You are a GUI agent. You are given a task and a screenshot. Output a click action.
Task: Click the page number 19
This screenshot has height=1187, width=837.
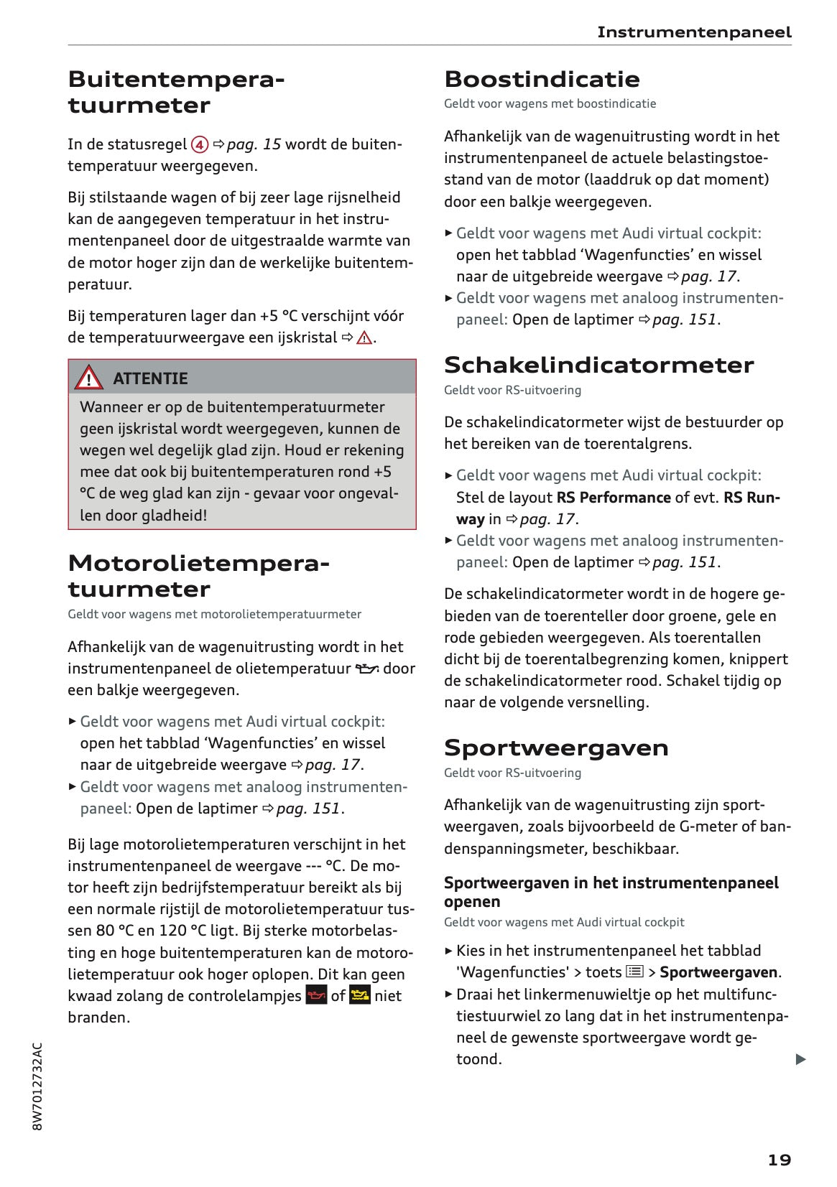pyautogui.click(x=779, y=1160)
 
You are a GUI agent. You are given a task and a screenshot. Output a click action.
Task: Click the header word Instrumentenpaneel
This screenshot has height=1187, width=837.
pyautogui.click(x=694, y=32)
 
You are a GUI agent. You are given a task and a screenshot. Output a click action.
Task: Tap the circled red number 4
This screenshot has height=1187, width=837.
pyautogui.click(x=200, y=144)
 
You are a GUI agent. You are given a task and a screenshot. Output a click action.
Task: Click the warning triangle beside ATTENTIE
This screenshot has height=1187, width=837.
pyautogui.click(x=88, y=378)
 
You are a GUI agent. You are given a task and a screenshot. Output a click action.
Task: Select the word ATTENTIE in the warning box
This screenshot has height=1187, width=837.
pyautogui.click(x=150, y=378)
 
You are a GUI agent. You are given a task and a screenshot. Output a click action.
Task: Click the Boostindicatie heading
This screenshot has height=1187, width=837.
pyautogui.click(x=542, y=79)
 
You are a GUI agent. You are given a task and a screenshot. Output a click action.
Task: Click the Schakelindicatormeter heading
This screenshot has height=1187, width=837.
pyautogui.click(x=598, y=365)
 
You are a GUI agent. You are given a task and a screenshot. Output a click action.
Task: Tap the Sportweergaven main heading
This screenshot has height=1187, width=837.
pyautogui.click(x=556, y=748)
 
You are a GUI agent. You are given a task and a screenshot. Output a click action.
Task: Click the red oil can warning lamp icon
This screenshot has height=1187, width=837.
pyautogui.click(x=316, y=995)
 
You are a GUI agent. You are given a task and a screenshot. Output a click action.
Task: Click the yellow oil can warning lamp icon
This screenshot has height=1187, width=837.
pyautogui.click(x=359, y=995)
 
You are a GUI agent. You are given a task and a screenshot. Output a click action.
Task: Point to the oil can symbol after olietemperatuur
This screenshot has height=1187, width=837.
pyautogui.click(x=366, y=669)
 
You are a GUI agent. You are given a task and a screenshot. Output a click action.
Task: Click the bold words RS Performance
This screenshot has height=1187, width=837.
pyautogui.click(x=614, y=497)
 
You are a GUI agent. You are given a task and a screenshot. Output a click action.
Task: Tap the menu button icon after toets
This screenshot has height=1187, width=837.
pyautogui.click(x=634, y=972)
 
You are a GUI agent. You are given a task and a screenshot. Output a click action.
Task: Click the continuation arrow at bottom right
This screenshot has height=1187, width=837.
pyautogui.click(x=800, y=1059)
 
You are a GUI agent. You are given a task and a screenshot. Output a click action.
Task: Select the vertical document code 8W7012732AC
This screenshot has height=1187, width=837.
pyautogui.click(x=38, y=1086)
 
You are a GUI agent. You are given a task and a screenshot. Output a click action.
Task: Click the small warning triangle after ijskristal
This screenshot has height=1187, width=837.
pyautogui.click(x=364, y=338)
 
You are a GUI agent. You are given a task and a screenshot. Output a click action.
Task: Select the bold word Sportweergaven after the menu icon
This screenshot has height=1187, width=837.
pyautogui.click(x=718, y=972)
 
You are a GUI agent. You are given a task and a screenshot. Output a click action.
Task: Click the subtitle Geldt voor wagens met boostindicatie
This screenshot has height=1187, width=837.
pyautogui.click(x=550, y=103)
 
